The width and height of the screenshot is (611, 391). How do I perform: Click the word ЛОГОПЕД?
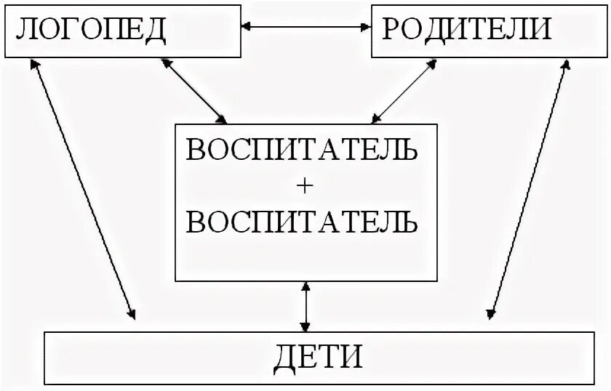pos(92,29)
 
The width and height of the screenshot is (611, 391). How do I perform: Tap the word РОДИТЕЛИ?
pos(466,29)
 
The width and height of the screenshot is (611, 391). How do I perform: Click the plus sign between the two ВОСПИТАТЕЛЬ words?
pos(305,186)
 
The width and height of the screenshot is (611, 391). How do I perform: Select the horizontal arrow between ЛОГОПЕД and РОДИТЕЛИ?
pos(305,27)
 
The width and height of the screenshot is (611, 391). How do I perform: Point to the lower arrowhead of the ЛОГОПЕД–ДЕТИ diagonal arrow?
pos(132,314)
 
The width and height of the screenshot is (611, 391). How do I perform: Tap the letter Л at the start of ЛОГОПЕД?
pos(25,30)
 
